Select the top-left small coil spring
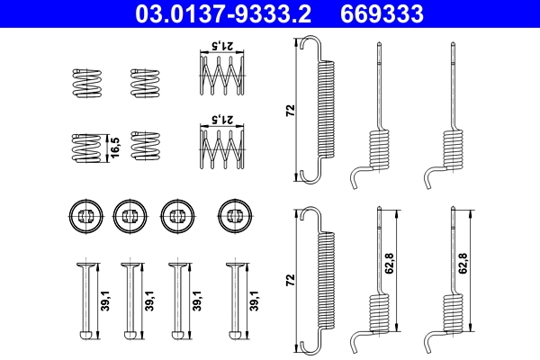pyautogui.click(x=84, y=83)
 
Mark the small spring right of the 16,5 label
pyautogui.click(x=144, y=147)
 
